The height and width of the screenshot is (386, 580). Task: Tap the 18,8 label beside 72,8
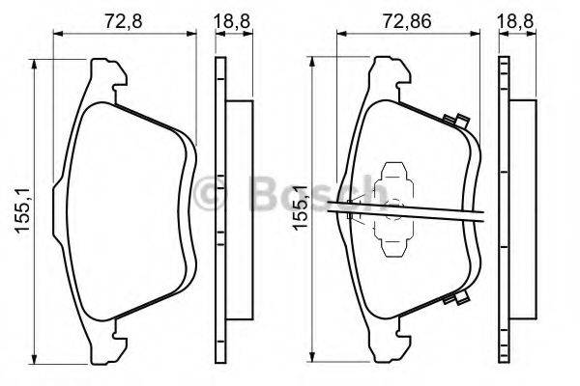[229, 16]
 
